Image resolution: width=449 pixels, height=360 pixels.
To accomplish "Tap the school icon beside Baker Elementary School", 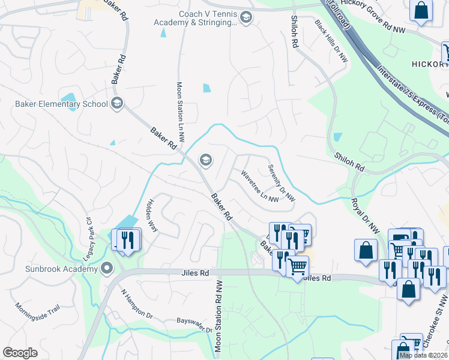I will pyautogui.click(x=117, y=104).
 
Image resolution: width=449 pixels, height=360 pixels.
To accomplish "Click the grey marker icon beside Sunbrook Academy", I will pyautogui.click(x=107, y=268).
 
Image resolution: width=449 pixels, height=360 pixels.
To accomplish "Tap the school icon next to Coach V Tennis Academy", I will pyautogui.click(x=246, y=19).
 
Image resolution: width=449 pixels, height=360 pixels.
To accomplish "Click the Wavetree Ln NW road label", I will pyautogui.click(x=260, y=186).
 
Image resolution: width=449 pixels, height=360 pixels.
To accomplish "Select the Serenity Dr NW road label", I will pyautogui.click(x=282, y=182).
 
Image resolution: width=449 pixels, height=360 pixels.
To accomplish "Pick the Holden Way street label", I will pyautogui.click(x=150, y=217).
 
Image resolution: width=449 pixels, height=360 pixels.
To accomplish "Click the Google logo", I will pyautogui.click(x=20, y=353).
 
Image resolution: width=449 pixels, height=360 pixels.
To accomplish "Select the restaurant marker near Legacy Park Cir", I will pyautogui.click(x=128, y=241).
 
